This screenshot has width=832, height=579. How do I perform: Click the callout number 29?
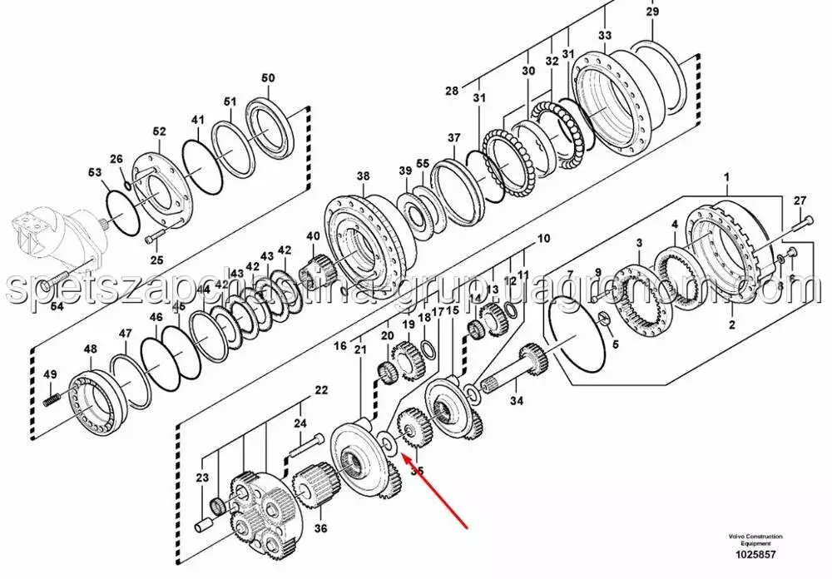(x=652, y=12)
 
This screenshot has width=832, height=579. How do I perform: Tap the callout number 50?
(x=268, y=78)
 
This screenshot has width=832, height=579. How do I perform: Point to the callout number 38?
(x=364, y=176)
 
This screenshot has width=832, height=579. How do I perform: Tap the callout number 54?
(x=57, y=307)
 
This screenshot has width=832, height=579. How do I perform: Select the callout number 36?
(x=319, y=527)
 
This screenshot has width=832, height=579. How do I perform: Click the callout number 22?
(x=321, y=390)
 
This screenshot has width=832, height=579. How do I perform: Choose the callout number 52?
(x=159, y=131)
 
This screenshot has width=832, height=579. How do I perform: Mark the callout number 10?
(x=543, y=239)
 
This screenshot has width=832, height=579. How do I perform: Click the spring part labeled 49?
(x=51, y=399)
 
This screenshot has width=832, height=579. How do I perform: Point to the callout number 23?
(x=202, y=478)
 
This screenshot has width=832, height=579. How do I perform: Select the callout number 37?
(x=453, y=138)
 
